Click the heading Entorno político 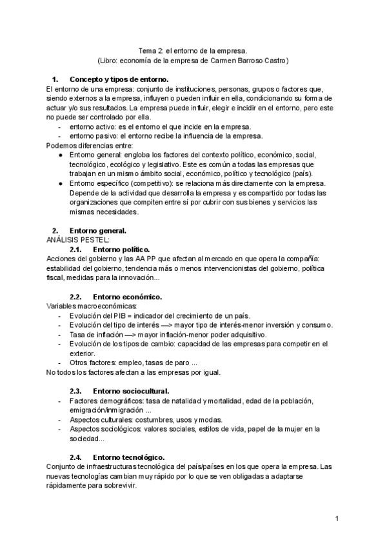point(121,249)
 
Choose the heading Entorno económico point(127,297)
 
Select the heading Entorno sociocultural point(131,391)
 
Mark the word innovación point(135,277)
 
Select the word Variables point(62,306)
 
